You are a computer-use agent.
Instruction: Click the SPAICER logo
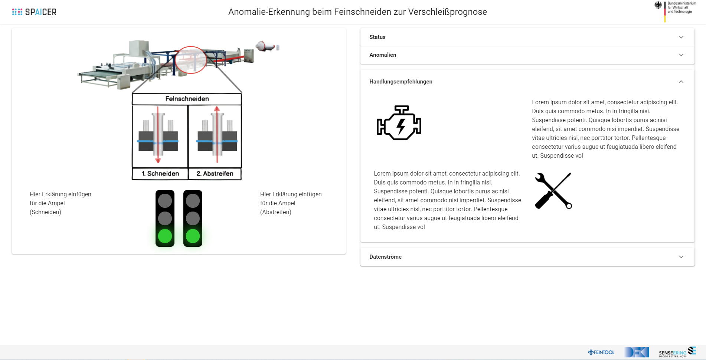click(x=34, y=12)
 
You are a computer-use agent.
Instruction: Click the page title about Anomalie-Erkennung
click(x=357, y=12)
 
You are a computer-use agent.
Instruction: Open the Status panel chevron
click(x=681, y=37)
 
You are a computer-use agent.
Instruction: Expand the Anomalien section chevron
click(x=681, y=55)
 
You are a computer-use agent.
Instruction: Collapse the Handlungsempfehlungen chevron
click(x=681, y=82)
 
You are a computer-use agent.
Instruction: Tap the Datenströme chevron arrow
click(x=681, y=257)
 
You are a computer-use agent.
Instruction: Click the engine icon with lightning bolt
click(x=399, y=123)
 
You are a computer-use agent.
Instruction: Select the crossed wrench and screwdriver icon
click(x=553, y=191)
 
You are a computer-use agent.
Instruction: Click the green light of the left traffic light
click(x=165, y=236)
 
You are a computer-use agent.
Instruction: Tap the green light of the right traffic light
click(x=193, y=236)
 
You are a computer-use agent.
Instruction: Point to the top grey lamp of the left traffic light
click(x=165, y=201)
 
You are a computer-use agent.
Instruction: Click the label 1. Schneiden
click(x=160, y=174)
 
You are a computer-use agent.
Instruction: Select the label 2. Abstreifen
click(x=215, y=174)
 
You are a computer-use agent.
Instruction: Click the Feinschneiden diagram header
click(x=187, y=99)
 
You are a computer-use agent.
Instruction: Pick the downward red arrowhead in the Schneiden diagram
click(x=158, y=160)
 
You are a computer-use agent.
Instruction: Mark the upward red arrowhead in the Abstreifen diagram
click(x=217, y=109)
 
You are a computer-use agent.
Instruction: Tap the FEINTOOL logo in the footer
click(x=601, y=352)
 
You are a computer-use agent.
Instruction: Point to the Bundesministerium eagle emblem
click(x=658, y=5)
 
